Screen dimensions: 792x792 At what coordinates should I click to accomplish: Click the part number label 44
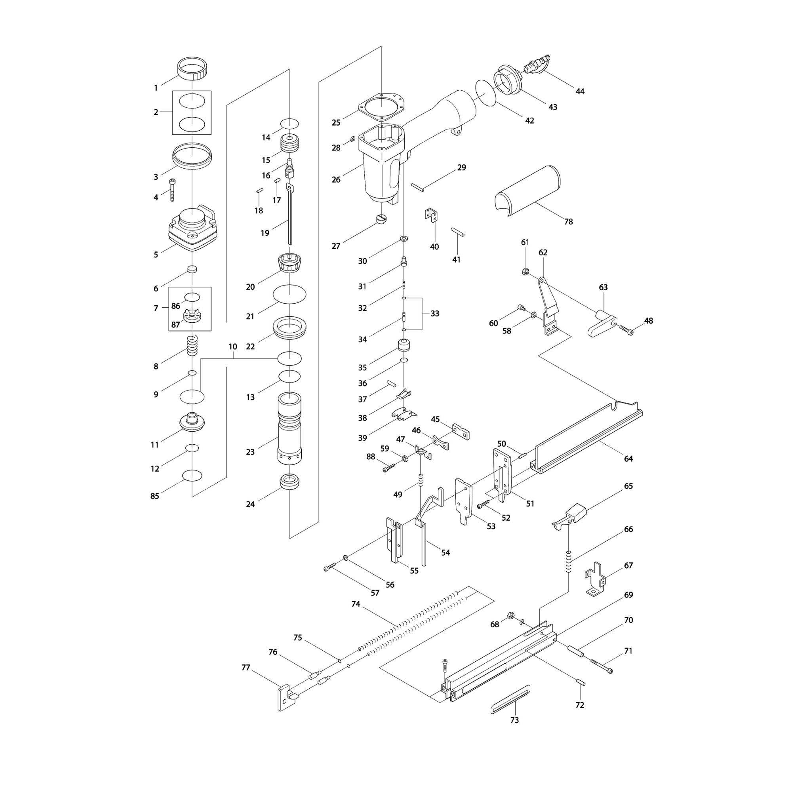pyautogui.click(x=580, y=91)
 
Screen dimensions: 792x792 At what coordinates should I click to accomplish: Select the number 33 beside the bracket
pyautogui.click(x=434, y=314)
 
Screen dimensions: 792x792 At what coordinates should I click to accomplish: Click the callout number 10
pyautogui.click(x=233, y=347)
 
